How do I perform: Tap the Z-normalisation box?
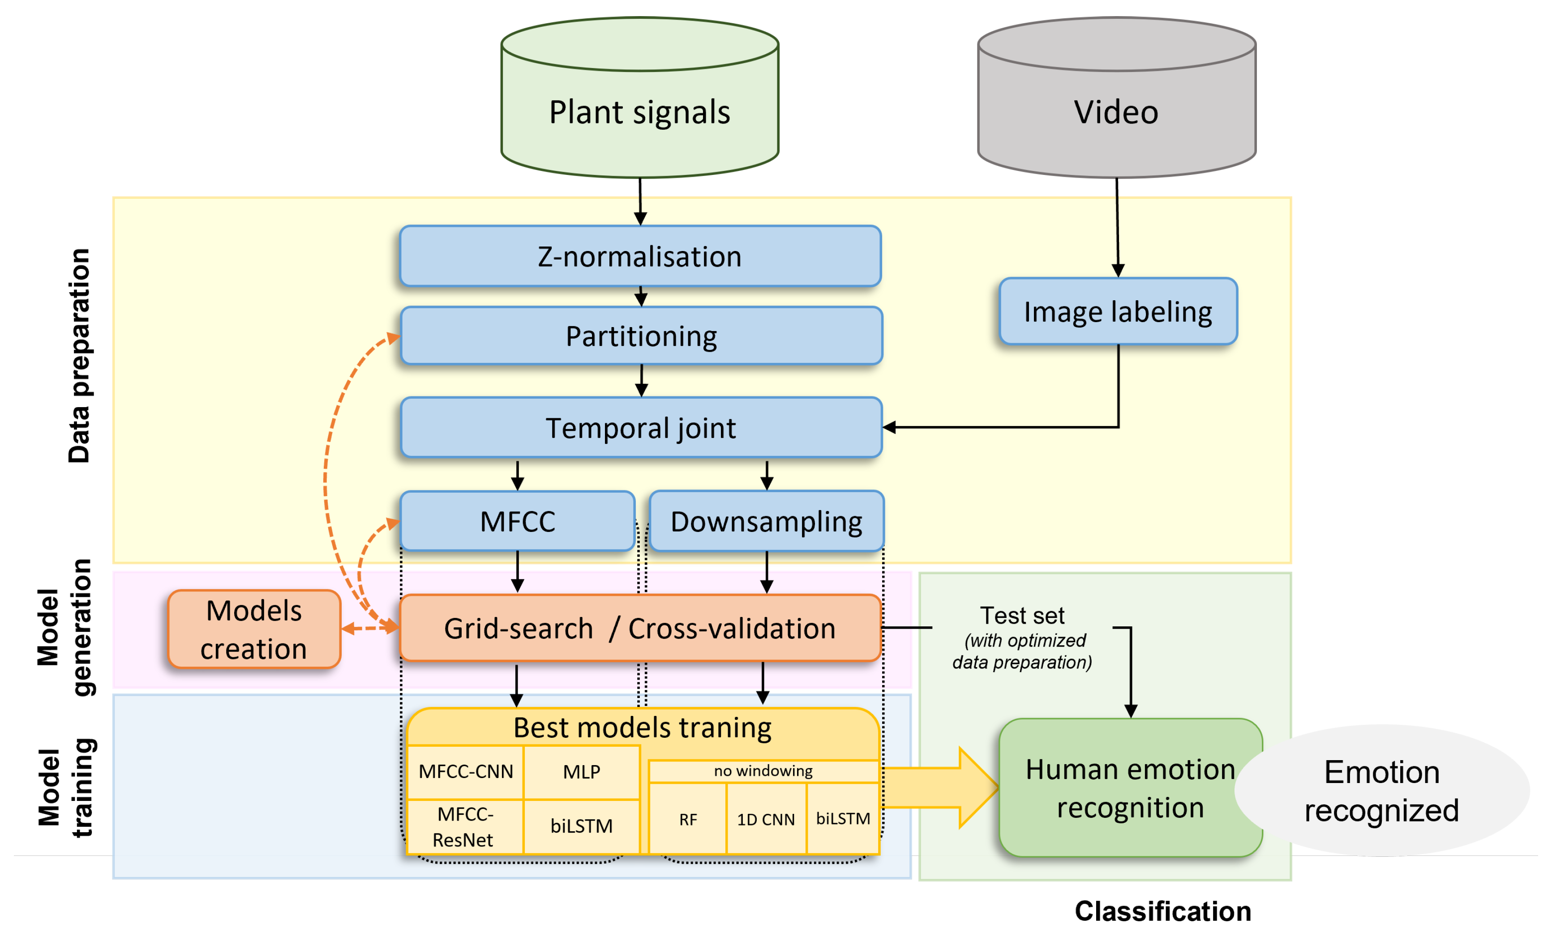(x=640, y=256)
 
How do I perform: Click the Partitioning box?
(x=641, y=336)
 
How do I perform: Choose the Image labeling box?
(x=1118, y=311)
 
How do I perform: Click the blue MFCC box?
(x=517, y=521)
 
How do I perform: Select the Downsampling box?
(x=767, y=521)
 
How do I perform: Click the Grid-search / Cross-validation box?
(x=640, y=628)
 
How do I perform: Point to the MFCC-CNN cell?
(x=466, y=772)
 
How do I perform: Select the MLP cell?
(x=581, y=772)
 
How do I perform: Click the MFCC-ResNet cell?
(x=464, y=826)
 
